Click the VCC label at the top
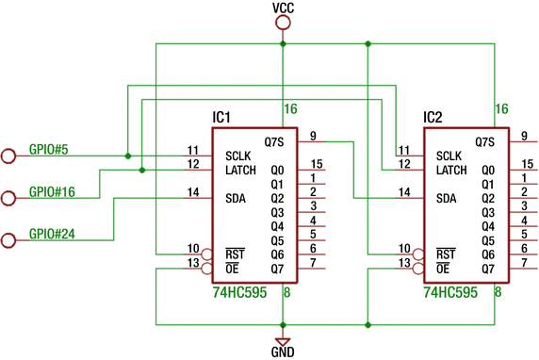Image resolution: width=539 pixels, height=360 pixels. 282,8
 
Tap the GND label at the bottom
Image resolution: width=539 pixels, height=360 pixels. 282,352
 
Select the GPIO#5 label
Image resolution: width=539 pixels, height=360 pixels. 48,148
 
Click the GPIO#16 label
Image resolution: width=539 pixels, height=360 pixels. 52,191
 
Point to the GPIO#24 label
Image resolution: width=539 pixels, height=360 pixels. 52,233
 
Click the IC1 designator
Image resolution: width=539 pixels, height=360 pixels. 221,118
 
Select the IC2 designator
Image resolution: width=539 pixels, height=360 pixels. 433,118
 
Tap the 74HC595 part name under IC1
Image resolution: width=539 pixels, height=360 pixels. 239,293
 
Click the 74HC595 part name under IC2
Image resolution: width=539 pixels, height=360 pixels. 451,293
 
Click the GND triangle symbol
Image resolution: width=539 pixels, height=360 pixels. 282,340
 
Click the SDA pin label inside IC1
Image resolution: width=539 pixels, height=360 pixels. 237,199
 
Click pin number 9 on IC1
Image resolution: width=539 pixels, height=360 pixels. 312,135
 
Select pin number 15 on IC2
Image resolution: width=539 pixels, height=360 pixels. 528,164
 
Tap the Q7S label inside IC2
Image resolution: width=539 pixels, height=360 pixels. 485,142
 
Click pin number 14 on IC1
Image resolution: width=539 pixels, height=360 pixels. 192,192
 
